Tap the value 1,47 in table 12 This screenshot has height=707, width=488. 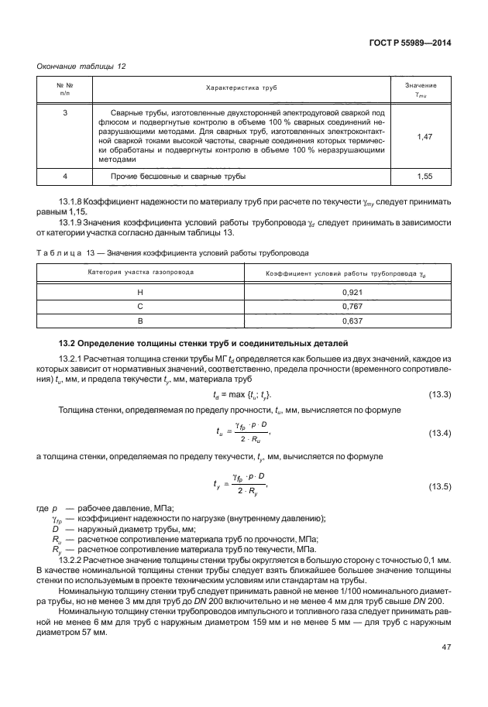tap(424, 136)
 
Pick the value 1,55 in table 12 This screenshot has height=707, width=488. tap(424, 177)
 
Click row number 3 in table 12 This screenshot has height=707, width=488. tap(65, 113)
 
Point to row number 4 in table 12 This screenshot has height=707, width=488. tap(65, 177)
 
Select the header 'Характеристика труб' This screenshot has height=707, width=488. tap(241, 89)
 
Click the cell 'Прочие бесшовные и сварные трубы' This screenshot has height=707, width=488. tap(178, 177)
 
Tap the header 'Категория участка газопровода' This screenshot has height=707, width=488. tap(139, 273)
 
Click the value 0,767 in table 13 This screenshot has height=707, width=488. tap(352, 306)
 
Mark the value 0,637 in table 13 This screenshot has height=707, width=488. tap(352, 320)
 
